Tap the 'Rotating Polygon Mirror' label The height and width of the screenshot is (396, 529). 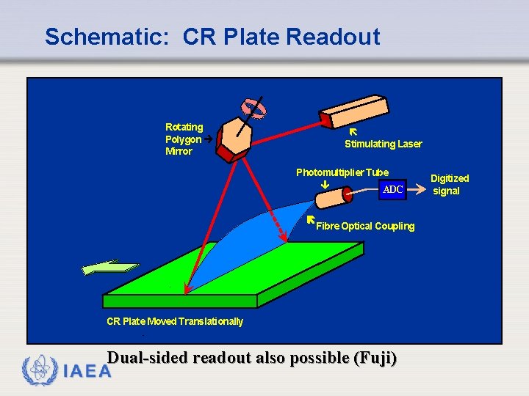184,139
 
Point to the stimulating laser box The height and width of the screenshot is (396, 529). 364,110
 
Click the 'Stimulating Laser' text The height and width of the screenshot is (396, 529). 383,144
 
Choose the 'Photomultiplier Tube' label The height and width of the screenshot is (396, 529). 342,172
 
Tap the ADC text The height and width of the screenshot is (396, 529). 393,190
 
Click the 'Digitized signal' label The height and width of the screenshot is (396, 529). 449,184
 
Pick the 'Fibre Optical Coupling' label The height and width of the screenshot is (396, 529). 364,226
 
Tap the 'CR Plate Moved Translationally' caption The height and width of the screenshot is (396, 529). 175,321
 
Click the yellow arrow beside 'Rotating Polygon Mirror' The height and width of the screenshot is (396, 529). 209,139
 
